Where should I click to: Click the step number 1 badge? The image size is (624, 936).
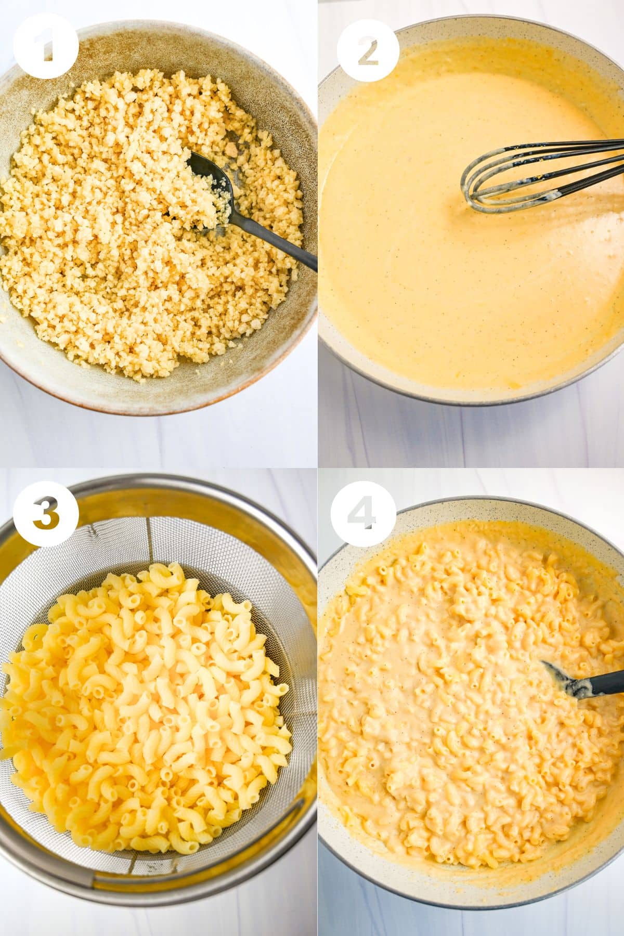[46, 46]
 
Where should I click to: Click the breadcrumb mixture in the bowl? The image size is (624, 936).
[146, 224]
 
